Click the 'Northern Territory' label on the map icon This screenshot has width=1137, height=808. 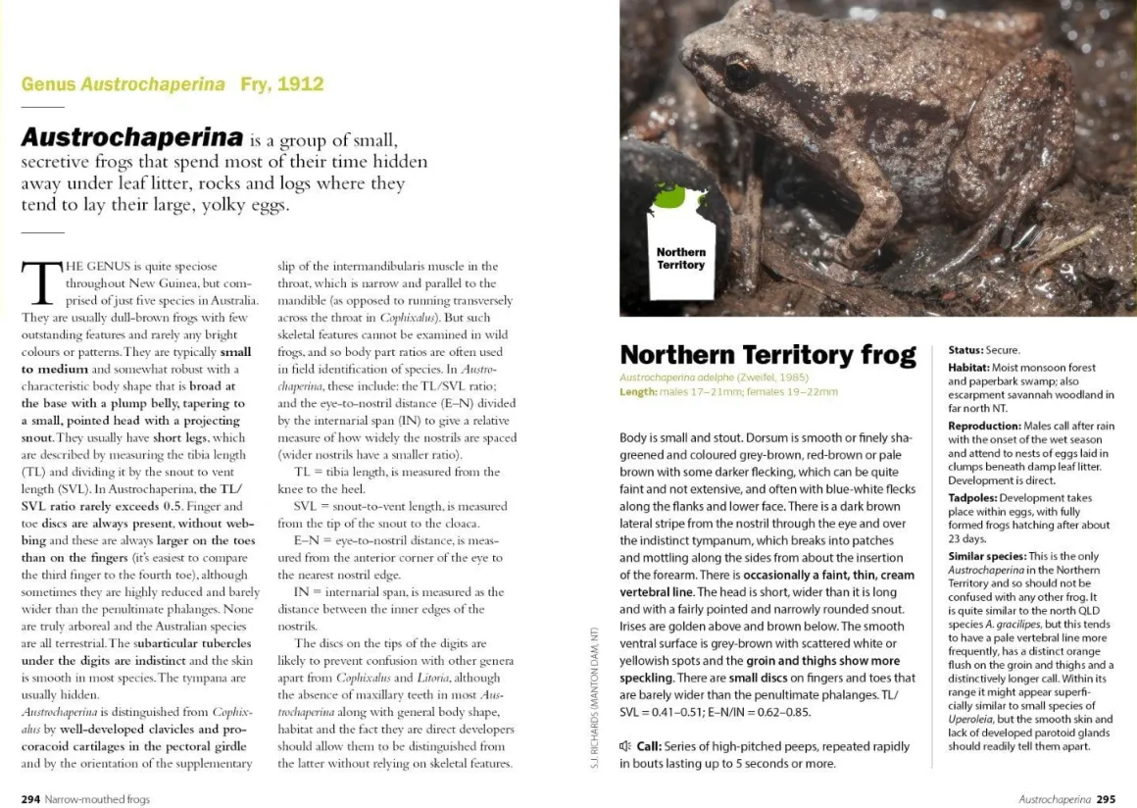coord(681,259)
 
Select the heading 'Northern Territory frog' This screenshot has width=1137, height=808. coord(767,354)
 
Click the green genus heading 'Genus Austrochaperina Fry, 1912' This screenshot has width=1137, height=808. coord(173,84)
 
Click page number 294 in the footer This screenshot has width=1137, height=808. coord(30,799)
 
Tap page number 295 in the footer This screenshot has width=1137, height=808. coord(1106,799)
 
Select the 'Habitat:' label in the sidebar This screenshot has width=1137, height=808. coord(968,368)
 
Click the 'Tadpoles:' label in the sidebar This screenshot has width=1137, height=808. coord(973,498)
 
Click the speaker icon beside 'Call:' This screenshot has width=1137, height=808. coord(625,747)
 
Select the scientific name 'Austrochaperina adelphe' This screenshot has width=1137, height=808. coord(676,378)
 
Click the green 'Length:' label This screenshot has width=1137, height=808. coord(637,392)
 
